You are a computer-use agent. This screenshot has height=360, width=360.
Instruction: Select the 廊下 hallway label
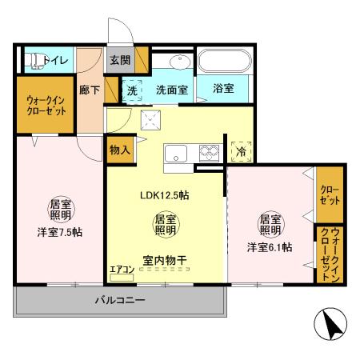tap(90, 90)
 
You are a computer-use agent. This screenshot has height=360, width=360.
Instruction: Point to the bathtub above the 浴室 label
tap(223, 62)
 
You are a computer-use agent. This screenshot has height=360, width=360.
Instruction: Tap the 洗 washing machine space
tap(133, 90)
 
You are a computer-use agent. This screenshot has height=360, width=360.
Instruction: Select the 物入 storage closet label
tap(119, 150)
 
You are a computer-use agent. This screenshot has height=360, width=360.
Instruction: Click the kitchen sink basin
tap(175, 153)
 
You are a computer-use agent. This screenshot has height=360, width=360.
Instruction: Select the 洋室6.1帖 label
tap(269, 246)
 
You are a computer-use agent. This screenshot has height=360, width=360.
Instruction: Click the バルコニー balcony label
tap(120, 302)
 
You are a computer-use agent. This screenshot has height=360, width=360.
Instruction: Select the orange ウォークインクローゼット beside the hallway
tap(45, 106)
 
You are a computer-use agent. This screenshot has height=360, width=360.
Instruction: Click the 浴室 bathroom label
tap(223, 90)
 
